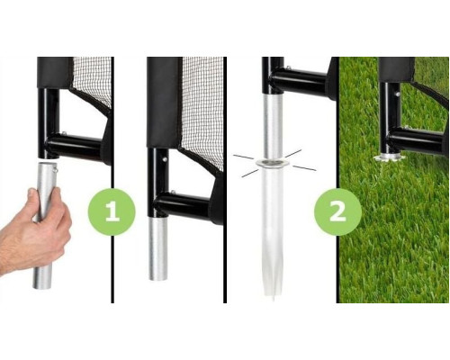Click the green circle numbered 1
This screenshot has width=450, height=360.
coord(112,211)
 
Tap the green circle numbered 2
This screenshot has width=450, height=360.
coord(337,211)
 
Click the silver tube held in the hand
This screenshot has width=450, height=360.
coord(45,225)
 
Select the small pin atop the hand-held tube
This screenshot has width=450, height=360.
coord(55,170)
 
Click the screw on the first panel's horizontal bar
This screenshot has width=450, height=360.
coord(64,132)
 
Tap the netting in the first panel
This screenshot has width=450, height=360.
coord(92,81)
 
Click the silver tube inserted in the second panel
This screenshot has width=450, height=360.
coord(158,248)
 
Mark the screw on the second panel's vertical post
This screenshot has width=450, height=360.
coord(165,159)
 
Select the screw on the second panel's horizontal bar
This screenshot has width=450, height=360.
coord(173,192)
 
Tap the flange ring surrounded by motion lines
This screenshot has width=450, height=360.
coord(272,163)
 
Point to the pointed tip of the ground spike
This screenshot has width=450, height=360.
coord(273,301)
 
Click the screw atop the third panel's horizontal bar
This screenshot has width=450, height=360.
coord(288,67)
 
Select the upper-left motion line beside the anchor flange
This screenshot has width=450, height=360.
coord(243,157)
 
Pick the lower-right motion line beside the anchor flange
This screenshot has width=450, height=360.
coord(304,168)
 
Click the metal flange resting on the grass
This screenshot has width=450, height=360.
coord(389,157)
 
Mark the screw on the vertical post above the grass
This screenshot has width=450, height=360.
coord(397,94)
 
